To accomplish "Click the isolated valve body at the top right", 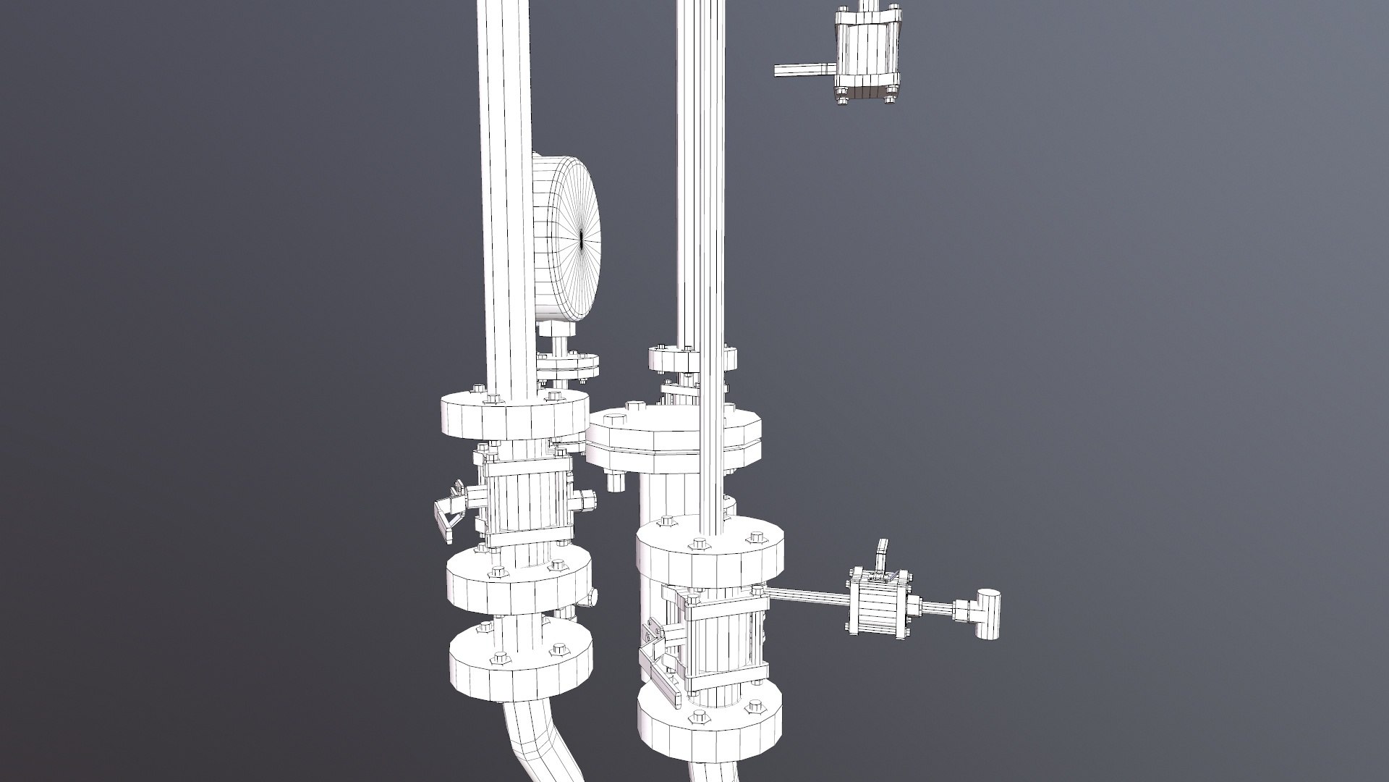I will [x=866, y=54].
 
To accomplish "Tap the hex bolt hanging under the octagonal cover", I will [x=614, y=480].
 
